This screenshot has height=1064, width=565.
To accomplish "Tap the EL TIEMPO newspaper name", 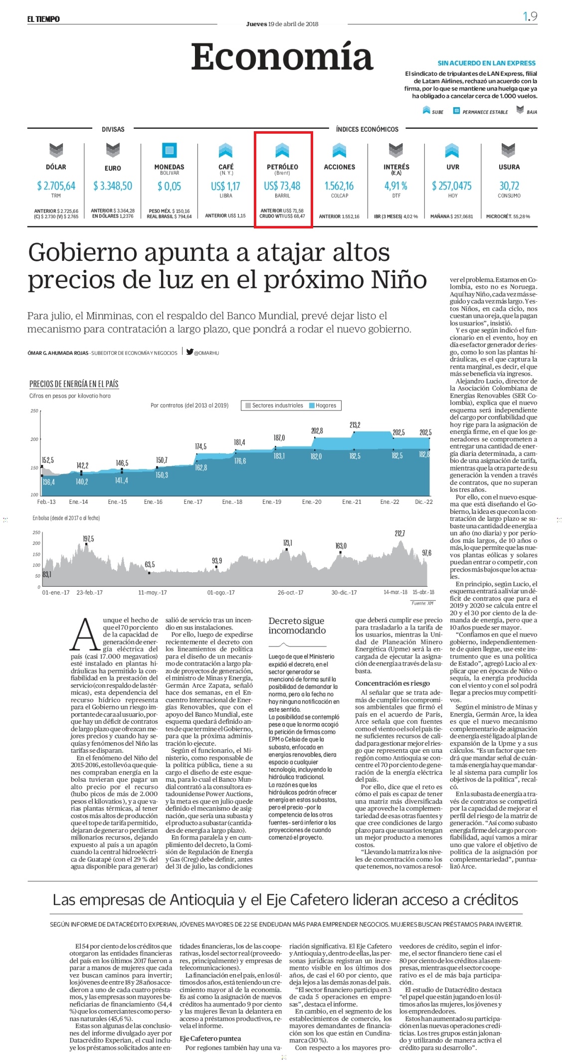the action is (x=43, y=19).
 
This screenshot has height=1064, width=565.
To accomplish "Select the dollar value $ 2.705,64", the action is (x=56, y=186).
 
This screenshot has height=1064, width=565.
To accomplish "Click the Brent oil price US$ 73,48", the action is (x=282, y=186).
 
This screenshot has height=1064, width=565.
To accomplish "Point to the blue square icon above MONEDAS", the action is (x=170, y=150).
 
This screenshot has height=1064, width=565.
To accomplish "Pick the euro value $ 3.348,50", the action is (x=113, y=186).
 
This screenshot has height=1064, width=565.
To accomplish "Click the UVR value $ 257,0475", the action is (x=452, y=186).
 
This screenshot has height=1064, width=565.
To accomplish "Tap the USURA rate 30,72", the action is (x=509, y=186).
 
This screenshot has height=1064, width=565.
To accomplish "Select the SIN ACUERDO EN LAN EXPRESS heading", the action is (x=487, y=63).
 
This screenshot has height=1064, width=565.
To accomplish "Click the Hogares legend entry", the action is (x=323, y=406).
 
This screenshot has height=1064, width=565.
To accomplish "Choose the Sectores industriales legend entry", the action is (x=274, y=406).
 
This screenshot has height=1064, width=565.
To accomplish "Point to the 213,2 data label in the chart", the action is (x=355, y=425).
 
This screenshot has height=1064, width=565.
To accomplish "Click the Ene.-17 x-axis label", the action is (x=193, y=502).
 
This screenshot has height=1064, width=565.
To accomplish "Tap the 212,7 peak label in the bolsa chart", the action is (x=400, y=534).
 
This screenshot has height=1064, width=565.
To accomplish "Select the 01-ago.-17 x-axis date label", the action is (x=221, y=593).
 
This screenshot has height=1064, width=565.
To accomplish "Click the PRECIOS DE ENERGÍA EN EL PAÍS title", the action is (x=74, y=384).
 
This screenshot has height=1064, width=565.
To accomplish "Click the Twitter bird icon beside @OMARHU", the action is (x=190, y=351).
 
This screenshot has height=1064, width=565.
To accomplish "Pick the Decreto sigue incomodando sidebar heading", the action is (x=297, y=626).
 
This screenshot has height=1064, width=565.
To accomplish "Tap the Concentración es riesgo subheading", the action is (x=392, y=683).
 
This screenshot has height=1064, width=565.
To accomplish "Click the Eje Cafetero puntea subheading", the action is (x=210, y=1038).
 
